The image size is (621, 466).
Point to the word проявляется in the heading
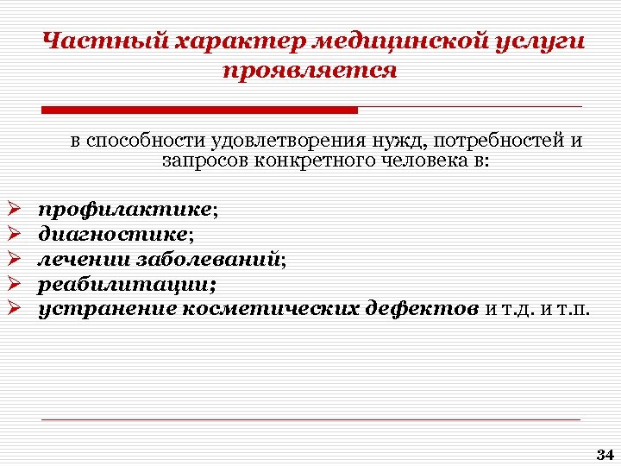pyautogui.click(x=310, y=70)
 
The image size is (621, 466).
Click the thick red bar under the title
pyautogui.click(x=199, y=110)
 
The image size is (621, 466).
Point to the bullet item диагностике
pyautogui.click(x=113, y=234)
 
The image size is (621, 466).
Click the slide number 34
pyautogui.click(x=604, y=454)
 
